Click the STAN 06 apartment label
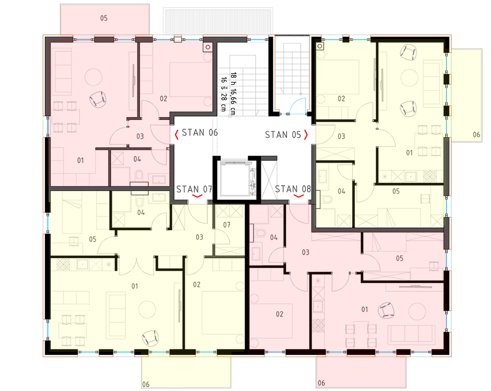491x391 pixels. [200, 133]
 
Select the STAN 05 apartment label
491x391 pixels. [283, 135]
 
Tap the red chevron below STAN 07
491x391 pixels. [197, 196]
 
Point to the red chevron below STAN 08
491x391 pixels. [298, 196]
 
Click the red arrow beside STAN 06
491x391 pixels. [176, 135]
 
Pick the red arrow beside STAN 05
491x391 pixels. [306, 135]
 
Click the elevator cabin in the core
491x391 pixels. [237, 179]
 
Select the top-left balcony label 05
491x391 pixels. [104, 18]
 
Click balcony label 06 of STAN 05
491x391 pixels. [476, 134]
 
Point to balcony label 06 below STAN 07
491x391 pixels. [146, 385]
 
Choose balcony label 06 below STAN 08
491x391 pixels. [321, 383]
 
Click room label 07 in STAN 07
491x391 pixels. [226, 225]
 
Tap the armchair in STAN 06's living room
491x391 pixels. [98, 99]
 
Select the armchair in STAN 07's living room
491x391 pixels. [150, 338]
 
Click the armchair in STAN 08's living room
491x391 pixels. [386, 310]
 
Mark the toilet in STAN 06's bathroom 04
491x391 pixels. [139, 175]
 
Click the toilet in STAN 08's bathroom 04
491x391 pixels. [260, 233]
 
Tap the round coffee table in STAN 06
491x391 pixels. [93, 77]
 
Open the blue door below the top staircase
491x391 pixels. [298, 106]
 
